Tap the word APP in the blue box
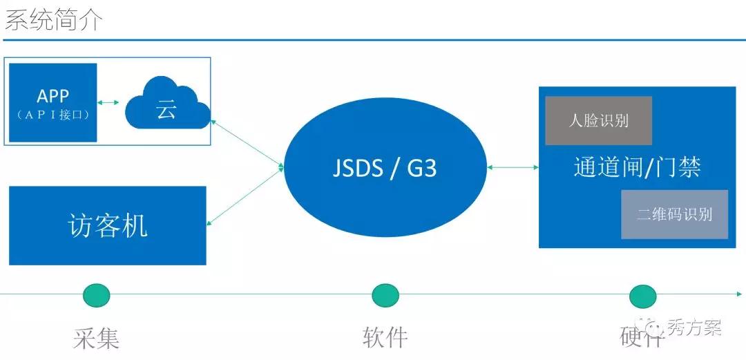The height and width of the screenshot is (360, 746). pos(53,95)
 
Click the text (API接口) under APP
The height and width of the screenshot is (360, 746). pos(53,115)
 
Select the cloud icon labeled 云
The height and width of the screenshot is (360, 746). pos(166,106)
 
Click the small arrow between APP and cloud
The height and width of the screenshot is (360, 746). pos(108,103)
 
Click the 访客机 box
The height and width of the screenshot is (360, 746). pos(108,225)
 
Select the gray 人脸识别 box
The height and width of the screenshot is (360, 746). pos(598,121)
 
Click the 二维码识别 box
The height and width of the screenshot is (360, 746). pos(674,214)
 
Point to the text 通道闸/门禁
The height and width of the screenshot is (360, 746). pos(637,167)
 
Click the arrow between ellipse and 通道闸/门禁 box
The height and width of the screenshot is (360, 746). pos(513,167)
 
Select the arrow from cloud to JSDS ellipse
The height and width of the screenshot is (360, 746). pos(247,143)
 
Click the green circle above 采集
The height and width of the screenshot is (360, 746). pos(97,295)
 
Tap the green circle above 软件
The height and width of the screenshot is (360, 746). pos(385,295)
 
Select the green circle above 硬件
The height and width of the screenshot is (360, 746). pos(642,296)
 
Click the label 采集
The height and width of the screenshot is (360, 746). pos(97,338)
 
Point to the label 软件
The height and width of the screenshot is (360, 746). pos(385,337)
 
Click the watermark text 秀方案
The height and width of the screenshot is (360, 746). pos(694,328)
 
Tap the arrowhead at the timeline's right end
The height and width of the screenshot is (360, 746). pos(740,294)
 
